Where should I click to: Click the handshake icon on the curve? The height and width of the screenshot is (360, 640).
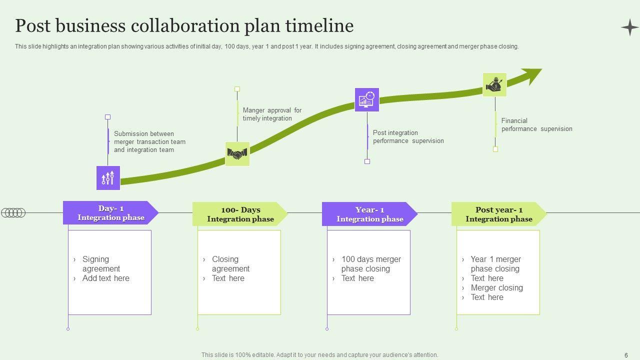tap(237, 154)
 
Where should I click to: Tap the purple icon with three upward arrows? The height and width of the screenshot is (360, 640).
tap(108, 178)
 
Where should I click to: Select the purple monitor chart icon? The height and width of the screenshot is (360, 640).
tap(367, 99)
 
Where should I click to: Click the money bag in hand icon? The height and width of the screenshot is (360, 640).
tap(494, 84)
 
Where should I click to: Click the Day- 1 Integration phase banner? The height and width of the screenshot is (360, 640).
tap(110, 213)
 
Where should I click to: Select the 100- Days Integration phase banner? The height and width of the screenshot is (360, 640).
tap(240, 214)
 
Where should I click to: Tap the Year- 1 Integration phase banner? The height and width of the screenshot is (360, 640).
tap(369, 214)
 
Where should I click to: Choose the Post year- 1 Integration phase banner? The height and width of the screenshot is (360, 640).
tap(498, 214)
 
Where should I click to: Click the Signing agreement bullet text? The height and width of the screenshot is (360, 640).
tap(101, 263)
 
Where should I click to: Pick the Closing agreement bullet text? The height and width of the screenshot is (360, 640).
tap(230, 263)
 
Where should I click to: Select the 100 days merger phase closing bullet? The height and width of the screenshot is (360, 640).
tap(371, 263)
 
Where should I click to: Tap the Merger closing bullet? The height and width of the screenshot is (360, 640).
tap(496, 287)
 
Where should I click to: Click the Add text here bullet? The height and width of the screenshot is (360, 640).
tap(105, 278)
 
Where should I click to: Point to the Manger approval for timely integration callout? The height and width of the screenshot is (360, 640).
tap(272, 114)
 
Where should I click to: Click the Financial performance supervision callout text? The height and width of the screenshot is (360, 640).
tap(536, 124)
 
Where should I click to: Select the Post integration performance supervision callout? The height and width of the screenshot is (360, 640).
tap(408, 136)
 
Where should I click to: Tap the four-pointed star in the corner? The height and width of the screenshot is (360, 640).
tap(629, 27)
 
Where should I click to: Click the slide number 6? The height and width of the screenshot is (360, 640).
tap(626, 354)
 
